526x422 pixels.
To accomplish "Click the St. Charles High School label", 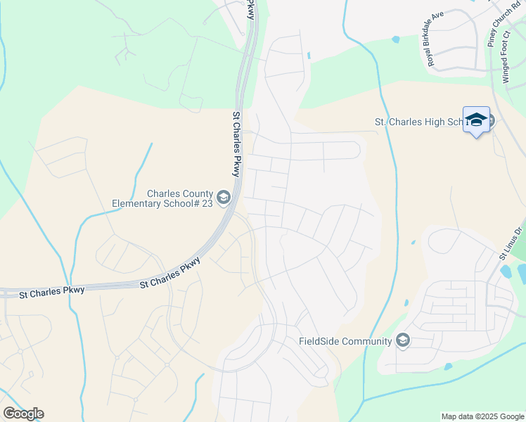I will [419, 122].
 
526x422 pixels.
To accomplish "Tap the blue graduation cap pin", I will [476, 120].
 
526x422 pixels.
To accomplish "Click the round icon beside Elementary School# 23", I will [224, 198].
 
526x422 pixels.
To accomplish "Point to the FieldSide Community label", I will [345, 342].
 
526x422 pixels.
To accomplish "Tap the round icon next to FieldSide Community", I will [403, 341].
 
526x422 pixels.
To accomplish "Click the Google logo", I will [23, 414].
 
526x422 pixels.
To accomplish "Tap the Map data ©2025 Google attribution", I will [482, 416].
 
